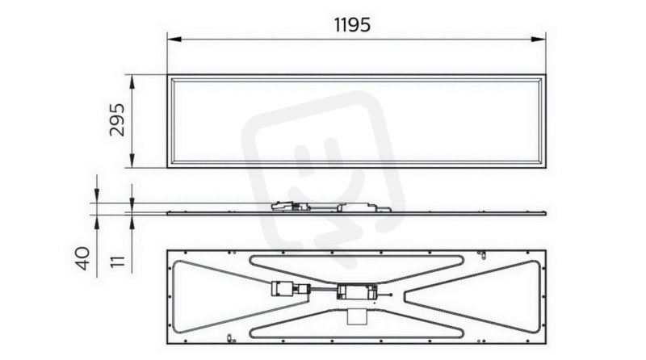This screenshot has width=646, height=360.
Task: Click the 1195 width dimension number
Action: (x=352, y=25)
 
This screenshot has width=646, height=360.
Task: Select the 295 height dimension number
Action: (x=117, y=119)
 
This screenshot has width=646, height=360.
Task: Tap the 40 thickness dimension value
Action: (x=83, y=258)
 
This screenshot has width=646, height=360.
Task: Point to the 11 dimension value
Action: (x=118, y=262)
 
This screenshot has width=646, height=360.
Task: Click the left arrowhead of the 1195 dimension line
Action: (x=174, y=39)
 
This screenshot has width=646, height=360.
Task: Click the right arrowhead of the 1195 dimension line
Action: (x=538, y=39)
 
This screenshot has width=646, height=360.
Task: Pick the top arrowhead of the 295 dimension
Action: (x=132, y=82)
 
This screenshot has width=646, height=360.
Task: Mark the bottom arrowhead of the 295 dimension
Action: (x=132, y=161)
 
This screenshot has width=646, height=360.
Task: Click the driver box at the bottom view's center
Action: (x=357, y=291)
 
